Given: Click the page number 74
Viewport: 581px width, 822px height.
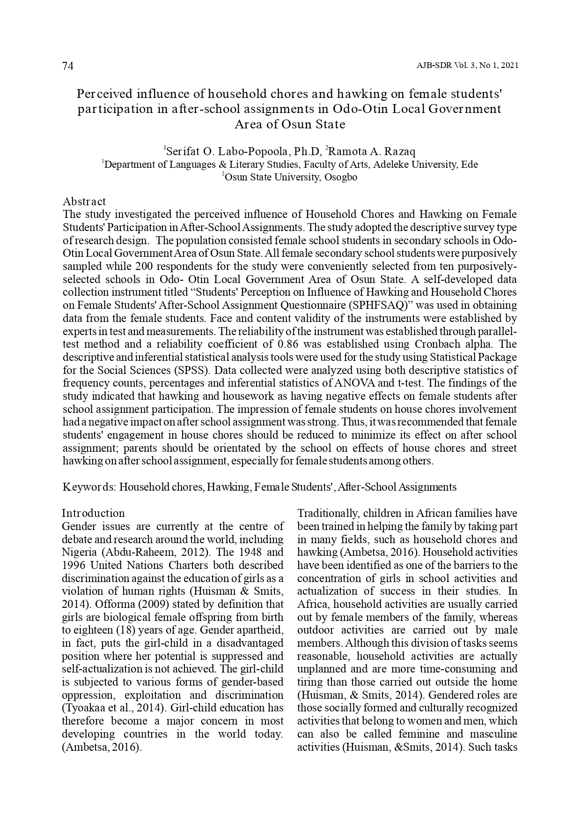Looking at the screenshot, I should point(68,67).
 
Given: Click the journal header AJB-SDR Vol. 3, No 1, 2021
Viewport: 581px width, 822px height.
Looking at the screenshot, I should point(467,66).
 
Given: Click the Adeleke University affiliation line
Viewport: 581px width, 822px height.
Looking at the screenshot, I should point(290,164).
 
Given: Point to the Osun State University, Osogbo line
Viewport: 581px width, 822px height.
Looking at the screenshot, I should point(290,178).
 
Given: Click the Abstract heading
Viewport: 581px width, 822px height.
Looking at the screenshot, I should point(84,202).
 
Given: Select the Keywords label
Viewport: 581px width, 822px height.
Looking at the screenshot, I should point(89,487).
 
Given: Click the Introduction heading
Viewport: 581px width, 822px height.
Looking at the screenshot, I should point(94,513).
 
